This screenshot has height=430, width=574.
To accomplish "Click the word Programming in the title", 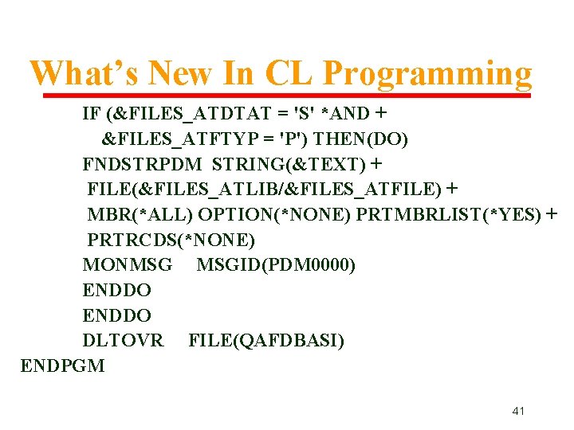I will point(427,73).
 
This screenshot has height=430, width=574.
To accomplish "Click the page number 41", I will point(518,411).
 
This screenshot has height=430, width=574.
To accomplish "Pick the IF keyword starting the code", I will point(91,114).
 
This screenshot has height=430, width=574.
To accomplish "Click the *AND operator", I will point(344,114).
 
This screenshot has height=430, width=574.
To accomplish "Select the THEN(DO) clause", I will point(361,139).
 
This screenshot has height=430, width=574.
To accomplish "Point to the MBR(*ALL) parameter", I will point(140,215).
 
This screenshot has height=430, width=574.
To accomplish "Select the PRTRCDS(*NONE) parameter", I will point(171,240).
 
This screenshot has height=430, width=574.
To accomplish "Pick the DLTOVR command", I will point(123,341).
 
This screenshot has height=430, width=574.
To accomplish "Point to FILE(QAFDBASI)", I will point(266,341).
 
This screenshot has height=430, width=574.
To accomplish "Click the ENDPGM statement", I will point(62,366).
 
